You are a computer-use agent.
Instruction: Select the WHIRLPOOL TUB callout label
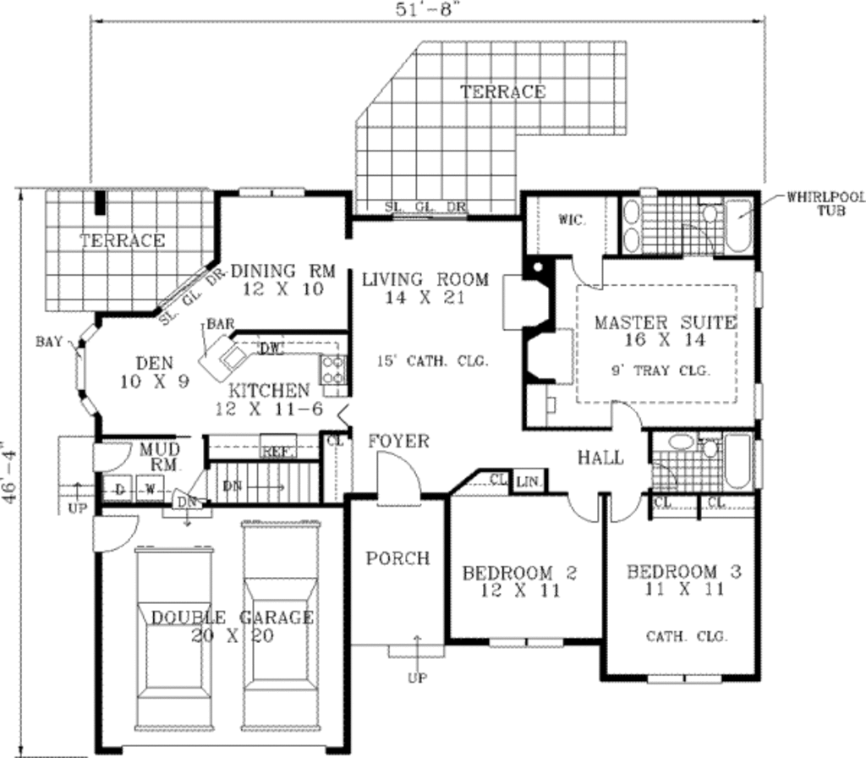click(825, 203)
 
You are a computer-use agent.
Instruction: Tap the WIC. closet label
click(572, 219)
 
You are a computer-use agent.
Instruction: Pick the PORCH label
click(397, 558)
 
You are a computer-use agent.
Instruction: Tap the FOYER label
click(398, 442)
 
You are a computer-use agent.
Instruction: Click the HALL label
click(600, 459)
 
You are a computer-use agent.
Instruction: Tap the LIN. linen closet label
click(528, 481)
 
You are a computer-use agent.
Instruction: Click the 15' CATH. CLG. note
click(435, 361)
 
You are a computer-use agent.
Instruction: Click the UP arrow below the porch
click(416, 677)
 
